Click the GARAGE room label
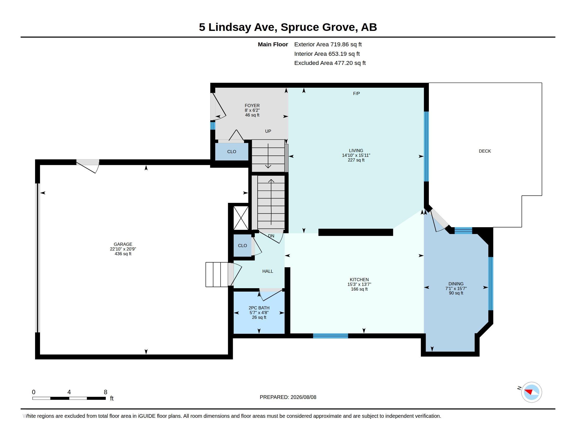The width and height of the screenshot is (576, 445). [123, 244]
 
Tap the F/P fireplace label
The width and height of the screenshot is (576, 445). [356, 93]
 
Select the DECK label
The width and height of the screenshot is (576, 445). [485, 151]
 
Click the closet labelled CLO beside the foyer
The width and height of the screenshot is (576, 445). [231, 152]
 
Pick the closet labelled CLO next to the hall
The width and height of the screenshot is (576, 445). [242, 246]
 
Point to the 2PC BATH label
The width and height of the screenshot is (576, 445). [259, 308]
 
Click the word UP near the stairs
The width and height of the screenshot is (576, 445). [268, 131]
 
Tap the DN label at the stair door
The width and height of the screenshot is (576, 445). [271, 236]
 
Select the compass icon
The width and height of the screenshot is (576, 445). [531, 392]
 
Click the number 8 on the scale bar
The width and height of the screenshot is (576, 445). [106, 392]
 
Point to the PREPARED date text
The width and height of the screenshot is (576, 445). [288, 397]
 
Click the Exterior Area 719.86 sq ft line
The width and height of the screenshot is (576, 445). [328, 44]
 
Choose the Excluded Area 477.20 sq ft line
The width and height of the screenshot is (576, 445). [330, 63]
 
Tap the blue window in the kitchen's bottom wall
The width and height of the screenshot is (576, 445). [330, 336]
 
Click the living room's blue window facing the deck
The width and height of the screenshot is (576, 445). [426, 147]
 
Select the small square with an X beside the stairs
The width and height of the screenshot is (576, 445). [241, 218]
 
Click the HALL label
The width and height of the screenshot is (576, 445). [268, 271]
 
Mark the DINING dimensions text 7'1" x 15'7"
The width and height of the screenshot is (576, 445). [456, 288]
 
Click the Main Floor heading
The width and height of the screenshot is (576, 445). [273, 44]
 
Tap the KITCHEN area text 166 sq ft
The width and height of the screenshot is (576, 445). [359, 289]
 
